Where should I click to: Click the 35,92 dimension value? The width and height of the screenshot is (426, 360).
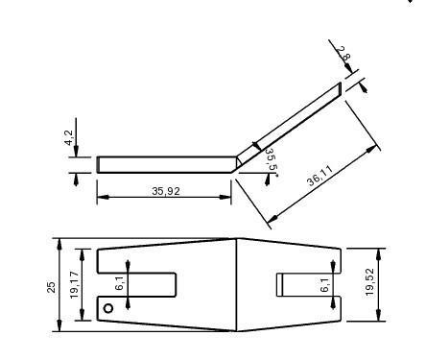pyautogui.click(x=166, y=191)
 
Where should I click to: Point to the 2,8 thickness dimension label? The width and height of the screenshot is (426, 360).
pyautogui.click(x=345, y=57)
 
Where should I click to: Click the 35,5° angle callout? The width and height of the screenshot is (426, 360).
pyautogui.click(x=271, y=161)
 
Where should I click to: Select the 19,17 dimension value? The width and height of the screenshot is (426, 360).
pyautogui.click(x=73, y=285)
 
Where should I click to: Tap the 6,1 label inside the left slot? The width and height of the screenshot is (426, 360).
pyautogui.click(x=119, y=284)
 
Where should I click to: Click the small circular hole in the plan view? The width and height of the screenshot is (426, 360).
pyautogui.click(x=108, y=308)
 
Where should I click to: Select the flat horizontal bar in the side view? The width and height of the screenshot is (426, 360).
pyautogui.click(x=163, y=164)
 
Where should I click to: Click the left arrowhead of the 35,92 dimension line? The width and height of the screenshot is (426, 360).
pyautogui.click(x=101, y=198)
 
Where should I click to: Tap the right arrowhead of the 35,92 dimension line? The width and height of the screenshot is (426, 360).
pyautogui.click(x=227, y=198)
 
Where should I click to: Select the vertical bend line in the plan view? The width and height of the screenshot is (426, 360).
pyautogui.click(x=237, y=285)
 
